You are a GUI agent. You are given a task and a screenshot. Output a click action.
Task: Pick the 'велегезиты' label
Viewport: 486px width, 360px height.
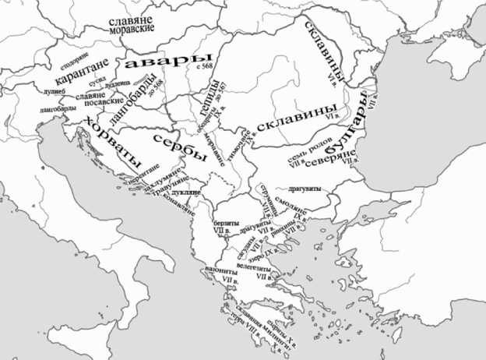[x=255, y=266]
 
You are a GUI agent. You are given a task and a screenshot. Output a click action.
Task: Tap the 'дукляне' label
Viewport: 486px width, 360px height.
[x=187, y=191]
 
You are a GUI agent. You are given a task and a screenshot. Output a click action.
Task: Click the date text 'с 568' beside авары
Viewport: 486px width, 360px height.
[x=206, y=67]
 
